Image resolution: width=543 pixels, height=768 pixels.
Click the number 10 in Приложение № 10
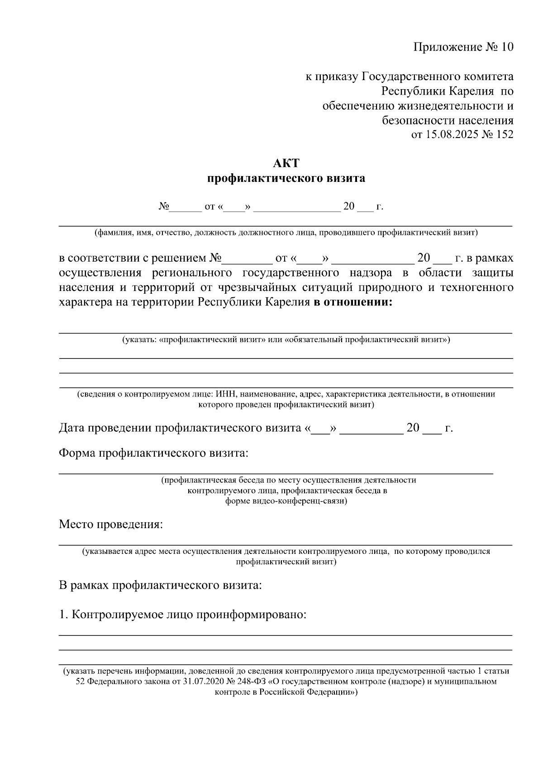507,48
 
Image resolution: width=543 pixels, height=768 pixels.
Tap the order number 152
505,134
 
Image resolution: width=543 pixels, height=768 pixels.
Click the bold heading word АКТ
286,163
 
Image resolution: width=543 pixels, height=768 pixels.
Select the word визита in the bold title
346,178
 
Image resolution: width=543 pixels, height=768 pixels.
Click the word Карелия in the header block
471,91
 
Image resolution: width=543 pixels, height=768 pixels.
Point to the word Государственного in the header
409,77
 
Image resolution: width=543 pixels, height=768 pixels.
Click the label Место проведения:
110,525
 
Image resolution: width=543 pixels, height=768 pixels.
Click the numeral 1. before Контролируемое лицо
63,615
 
